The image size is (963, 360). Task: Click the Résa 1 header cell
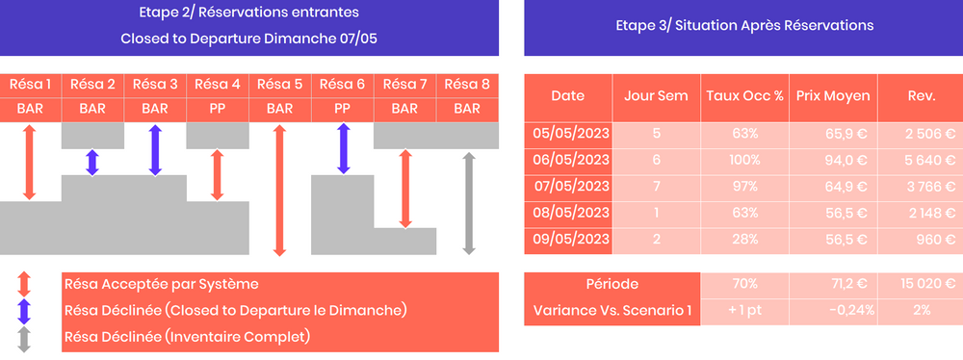(30, 84)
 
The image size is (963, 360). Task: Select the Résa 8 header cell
(467, 84)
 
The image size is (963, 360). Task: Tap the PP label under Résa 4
(218, 109)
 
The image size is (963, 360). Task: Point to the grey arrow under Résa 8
(468, 202)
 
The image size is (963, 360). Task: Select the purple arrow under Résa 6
(343, 148)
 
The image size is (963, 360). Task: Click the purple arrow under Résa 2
(92, 162)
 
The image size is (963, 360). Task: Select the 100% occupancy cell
(745, 158)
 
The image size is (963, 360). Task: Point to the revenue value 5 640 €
(916, 158)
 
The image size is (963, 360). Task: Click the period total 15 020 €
(916, 284)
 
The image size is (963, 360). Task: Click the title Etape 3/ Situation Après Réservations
(744, 26)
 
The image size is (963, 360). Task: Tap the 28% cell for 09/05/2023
(745, 238)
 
